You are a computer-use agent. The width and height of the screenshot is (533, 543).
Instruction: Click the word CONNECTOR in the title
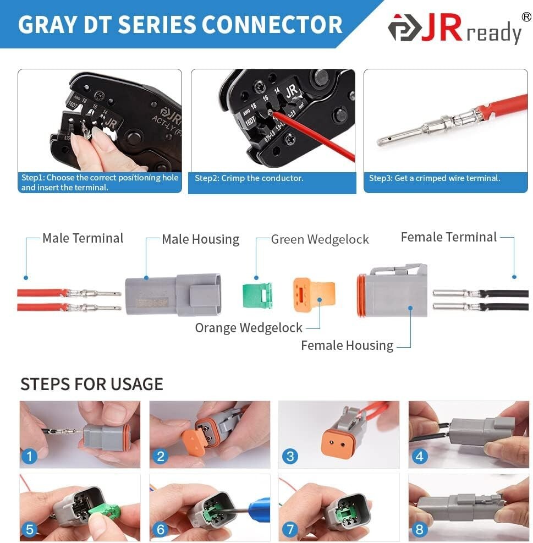pyautogui.click(x=272, y=25)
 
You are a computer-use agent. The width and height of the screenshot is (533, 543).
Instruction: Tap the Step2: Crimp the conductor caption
pyautogui.click(x=249, y=178)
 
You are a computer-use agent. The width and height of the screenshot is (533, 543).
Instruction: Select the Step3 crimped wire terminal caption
pyautogui.click(x=435, y=178)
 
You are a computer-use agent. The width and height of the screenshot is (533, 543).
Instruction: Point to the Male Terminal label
pyautogui.click(x=83, y=238)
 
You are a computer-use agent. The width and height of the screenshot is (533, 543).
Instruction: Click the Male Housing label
pyautogui.click(x=200, y=239)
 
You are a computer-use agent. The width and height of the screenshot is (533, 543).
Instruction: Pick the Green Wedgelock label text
pyautogui.click(x=320, y=239)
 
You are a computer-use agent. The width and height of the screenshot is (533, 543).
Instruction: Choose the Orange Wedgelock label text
pyautogui.click(x=249, y=328)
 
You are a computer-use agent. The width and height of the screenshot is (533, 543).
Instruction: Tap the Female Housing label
pyautogui.click(x=347, y=345)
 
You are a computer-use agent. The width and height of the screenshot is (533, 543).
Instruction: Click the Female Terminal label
pyautogui.click(x=449, y=237)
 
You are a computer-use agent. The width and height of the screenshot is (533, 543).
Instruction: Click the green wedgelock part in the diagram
pyautogui.click(x=257, y=295)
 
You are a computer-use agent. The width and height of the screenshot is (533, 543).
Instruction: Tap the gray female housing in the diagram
pyautogui.click(x=392, y=291)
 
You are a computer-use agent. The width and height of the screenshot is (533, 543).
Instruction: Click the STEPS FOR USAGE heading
pyautogui.click(x=92, y=384)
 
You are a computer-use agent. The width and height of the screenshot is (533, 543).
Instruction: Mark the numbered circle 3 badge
pyautogui.click(x=290, y=456)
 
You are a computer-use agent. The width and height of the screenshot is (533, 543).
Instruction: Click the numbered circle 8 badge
pyautogui.click(x=420, y=530)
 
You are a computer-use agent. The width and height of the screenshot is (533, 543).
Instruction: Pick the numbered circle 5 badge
pyautogui.click(x=30, y=530)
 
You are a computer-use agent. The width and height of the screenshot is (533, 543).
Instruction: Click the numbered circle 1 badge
pyautogui.click(x=30, y=456)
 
